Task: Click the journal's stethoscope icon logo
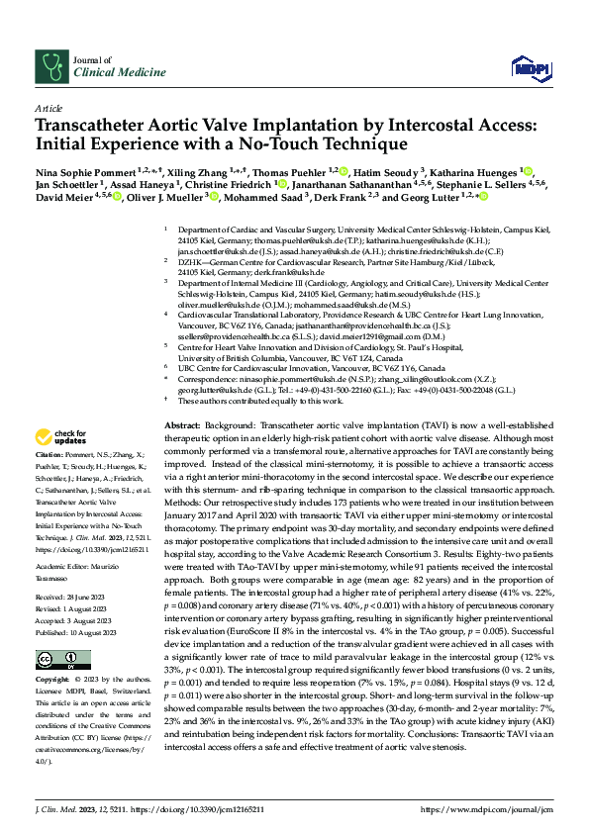[x=50, y=65]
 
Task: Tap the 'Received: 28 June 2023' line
[x=73, y=600]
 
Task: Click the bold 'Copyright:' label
[x=53, y=682]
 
